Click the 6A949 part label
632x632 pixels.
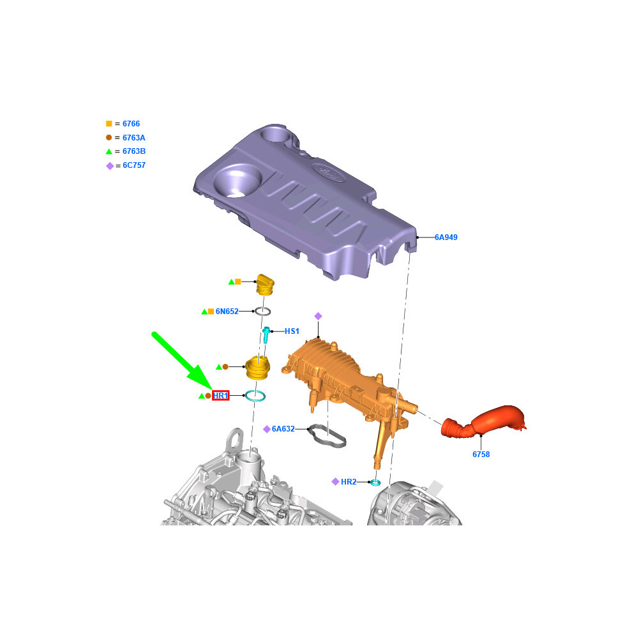(x=446, y=237)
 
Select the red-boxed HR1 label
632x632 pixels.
(x=220, y=396)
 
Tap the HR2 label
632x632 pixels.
(x=349, y=481)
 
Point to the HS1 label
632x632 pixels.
(x=292, y=331)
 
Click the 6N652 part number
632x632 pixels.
(x=227, y=311)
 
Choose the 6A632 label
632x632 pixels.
(x=283, y=429)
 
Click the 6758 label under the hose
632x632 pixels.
(x=481, y=455)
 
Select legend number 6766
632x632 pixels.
(x=131, y=124)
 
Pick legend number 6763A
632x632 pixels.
(x=134, y=137)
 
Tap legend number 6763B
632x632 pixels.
(x=134, y=151)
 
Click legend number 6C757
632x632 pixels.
(x=134, y=165)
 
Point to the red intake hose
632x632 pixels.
(x=484, y=421)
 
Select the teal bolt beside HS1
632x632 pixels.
(x=266, y=335)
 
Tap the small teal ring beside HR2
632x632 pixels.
(x=375, y=483)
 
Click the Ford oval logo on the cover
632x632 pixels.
(x=329, y=172)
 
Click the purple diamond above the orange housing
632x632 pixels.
(x=318, y=316)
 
